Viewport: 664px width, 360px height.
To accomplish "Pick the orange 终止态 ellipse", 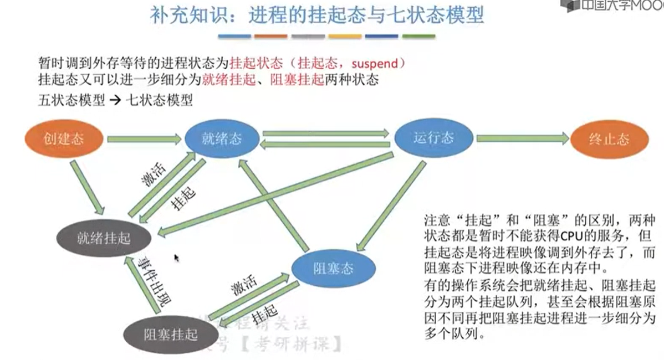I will click(x=609, y=138).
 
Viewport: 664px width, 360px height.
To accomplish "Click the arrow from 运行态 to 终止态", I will click(x=522, y=138).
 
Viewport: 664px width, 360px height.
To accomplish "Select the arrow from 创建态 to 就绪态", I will click(x=145, y=138).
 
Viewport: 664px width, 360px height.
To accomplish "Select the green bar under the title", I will click(x=418, y=37).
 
